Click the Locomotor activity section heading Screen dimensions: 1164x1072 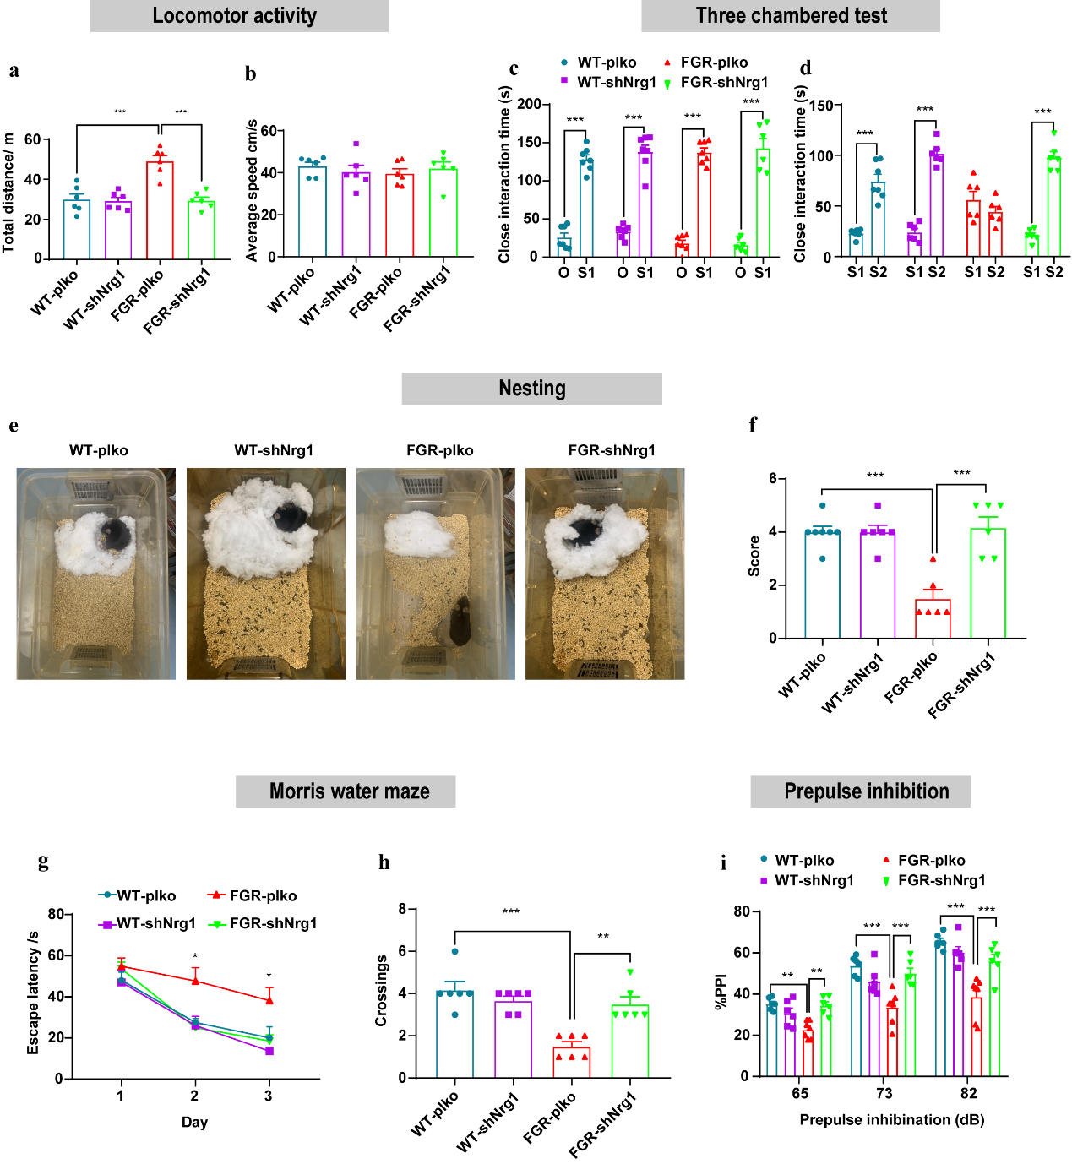coord(235,16)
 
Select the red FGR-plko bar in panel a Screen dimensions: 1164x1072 coord(160,210)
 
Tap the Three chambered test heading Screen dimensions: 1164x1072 coord(791,16)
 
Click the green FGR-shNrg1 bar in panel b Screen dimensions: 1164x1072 coord(443,213)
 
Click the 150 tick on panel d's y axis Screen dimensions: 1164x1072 coord(820,106)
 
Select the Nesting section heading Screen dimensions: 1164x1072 coord(531,389)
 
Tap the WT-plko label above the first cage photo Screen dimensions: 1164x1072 coord(99,450)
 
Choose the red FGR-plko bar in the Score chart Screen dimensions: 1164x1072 coord(933,618)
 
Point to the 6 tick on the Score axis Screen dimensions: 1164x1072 coord(773,479)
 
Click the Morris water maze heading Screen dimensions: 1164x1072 coord(349,791)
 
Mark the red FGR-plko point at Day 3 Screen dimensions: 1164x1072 coord(269,1000)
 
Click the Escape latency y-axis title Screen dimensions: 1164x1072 coord(33,993)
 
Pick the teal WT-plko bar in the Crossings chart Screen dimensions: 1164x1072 coord(455,1034)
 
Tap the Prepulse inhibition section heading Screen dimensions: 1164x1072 coord(866,791)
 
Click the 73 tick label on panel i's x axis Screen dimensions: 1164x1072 coord(884,1093)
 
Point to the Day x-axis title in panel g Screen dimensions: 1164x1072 coord(194,1122)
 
